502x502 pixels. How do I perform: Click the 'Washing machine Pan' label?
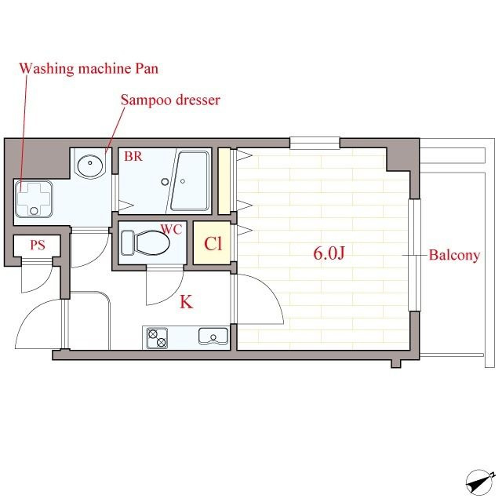tap(89, 68)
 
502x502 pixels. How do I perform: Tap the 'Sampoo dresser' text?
tap(170, 100)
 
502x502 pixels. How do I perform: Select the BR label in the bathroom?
tap(133, 156)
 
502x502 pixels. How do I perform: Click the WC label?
tap(171, 229)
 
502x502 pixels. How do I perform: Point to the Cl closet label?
tap(213, 244)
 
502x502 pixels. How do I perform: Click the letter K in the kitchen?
tap(187, 301)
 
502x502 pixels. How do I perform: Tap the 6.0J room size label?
tap(329, 253)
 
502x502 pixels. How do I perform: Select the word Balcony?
tap(454, 255)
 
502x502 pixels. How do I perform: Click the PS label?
tap(38, 246)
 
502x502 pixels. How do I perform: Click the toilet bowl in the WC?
tap(152, 242)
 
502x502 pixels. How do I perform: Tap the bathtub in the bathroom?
tap(190, 181)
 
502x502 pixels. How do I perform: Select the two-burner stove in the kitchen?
tap(157, 338)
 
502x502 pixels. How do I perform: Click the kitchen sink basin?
tap(213, 336)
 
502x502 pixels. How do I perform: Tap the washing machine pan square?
tap(33, 198)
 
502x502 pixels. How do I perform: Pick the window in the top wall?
tap(315, 143)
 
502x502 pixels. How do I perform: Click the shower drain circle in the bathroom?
tap(165, 182)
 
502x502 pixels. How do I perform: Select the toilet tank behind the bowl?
tap(127, 242)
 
